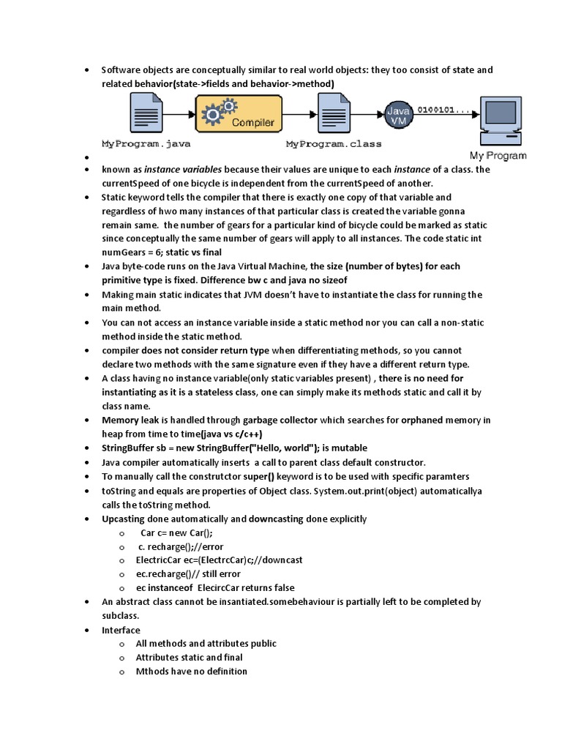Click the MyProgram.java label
pyautogui.click(x=146, y=144)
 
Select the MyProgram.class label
pyautogui.click(x=334, y=144)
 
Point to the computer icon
pyautogui.click(x=502, y=121)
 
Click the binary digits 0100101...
pyautogui.click(x=444, y=110)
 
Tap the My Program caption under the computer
pyautogui.click(x=498, y=156)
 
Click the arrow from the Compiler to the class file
pyautogui.click(x=299, y=116)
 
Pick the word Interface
pyautogui.click(x=121, y=630)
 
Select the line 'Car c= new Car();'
pyautogui.click(x=176, y=532)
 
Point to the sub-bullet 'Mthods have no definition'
pyautogui.click(x=191, y=671)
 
